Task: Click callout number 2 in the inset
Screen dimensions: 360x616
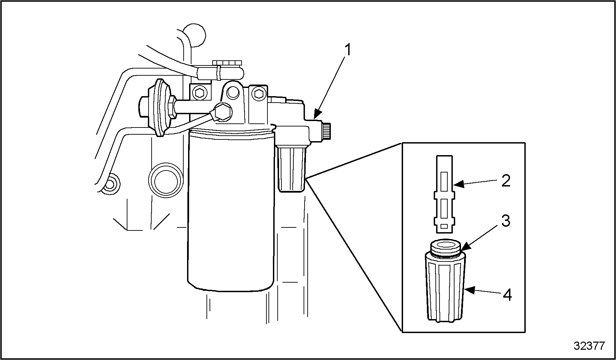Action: click(506, 181)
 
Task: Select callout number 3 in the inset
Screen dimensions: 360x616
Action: click(506, 221)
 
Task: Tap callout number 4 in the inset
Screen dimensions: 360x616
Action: click(507, 295)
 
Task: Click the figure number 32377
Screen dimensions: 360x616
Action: click(589, 346)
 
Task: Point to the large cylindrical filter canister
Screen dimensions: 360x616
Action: click(231, 211)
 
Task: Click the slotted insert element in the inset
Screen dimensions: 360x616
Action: click(444, 194)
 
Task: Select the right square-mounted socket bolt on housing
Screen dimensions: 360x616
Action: click(259, 93)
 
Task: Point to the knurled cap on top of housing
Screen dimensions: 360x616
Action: click(227, 63)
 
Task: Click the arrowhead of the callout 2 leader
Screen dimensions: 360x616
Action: click(459, 185)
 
